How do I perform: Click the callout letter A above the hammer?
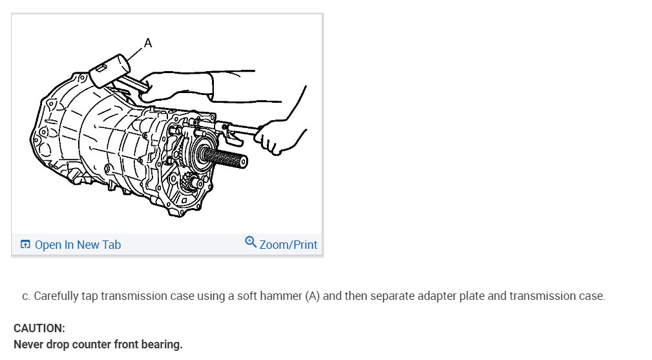147,43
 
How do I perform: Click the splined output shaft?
226,158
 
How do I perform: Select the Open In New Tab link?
78,245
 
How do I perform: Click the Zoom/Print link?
288,245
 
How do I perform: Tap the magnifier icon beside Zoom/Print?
251,242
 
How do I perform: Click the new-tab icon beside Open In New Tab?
25,245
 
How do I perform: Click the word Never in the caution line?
28,344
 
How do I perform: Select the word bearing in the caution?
162,344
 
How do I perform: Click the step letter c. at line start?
26,297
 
